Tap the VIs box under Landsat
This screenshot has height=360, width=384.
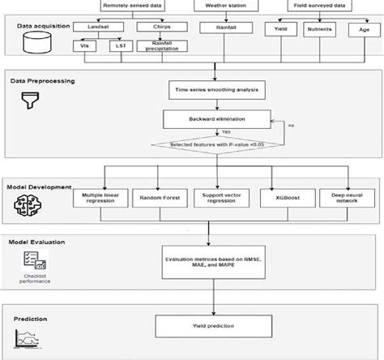(x=83, y=46)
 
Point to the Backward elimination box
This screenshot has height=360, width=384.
(x=214, y=118)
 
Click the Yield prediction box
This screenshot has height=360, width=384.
(x=214, y=326)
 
